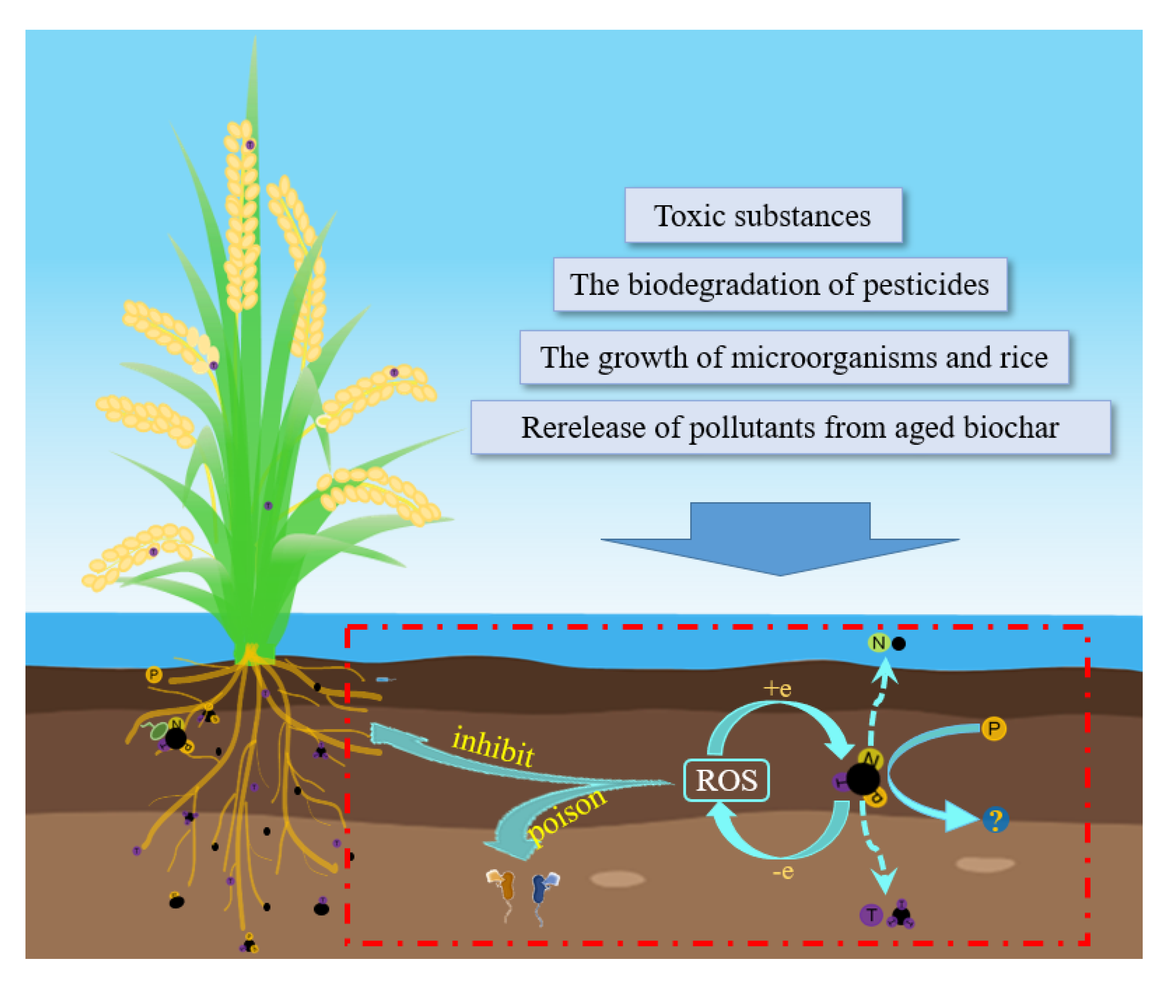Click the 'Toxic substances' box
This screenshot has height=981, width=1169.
coord(763,215)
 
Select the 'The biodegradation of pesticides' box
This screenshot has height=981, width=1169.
coord(780,285)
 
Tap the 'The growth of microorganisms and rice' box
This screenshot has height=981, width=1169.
coord(794,357)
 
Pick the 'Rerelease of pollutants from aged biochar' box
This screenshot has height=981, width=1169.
coord(790,427)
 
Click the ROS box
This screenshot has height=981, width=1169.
coord(726,780)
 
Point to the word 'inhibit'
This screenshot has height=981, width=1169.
coord(493,747)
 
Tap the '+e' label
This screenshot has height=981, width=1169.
coord(777,689)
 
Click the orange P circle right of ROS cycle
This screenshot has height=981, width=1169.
coord(994,729)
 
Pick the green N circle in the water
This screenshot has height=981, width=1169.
coord(878,643)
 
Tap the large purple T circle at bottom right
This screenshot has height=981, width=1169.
coord(871,915)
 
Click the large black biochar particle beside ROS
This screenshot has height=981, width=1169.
coord(862,779)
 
